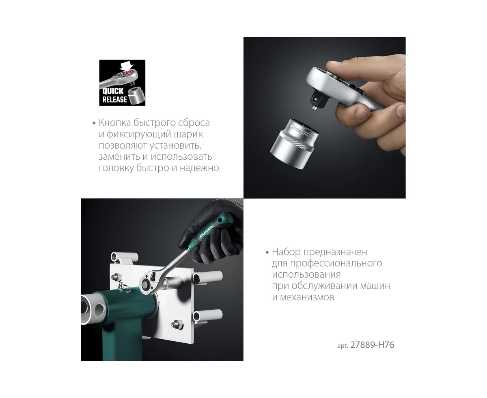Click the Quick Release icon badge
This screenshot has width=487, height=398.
coord(122,83)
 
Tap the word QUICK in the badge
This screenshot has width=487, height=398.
coord(113,91)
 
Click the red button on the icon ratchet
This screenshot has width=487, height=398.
coord(128,73)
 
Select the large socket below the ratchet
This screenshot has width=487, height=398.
coord(294,144)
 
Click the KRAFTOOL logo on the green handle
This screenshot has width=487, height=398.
coord(206,231)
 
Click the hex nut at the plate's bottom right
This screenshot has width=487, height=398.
coord(177,324)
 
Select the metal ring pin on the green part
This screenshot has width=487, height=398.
coord(124,287)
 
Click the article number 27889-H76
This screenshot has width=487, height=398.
coord(372,345)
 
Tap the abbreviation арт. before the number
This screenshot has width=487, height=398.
coord(343,346)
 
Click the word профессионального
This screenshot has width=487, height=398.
coord(336,263)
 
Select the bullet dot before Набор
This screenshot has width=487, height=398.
coord(267,252)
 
